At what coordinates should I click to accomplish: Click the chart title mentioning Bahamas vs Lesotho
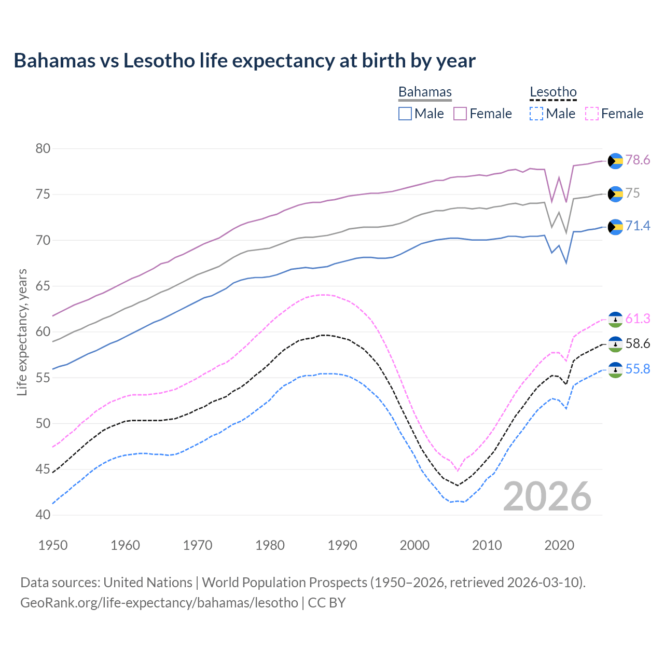click(x=244, y=61)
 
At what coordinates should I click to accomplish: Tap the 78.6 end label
click(x=638, y=160)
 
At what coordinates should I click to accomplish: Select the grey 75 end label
click(x=632, y=193)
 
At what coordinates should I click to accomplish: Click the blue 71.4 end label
click(x=638, y=226)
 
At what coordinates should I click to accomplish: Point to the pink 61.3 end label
click(x=638, y=319)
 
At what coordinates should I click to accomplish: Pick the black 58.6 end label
click(x=638, y=343)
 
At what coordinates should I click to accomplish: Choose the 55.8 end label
click(x=638, y=369)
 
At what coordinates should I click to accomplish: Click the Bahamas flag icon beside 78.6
click(x=615, y=161)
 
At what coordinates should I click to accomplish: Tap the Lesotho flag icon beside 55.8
click(x=615, y=370)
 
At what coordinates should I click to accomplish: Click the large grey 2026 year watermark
click(x=547, y=496)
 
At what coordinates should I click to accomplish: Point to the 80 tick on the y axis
click(x=43, y=149)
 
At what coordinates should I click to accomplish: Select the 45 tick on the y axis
click(x=43, y=469)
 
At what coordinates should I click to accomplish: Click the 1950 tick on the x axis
click(x=53, y=545)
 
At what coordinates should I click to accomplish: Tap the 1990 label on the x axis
click(x=342, y=545)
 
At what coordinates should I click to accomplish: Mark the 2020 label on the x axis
click(x=559, y=545)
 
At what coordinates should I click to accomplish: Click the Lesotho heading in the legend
click(x=553, y=92)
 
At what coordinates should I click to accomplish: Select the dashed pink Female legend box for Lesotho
click(x=592, y=114)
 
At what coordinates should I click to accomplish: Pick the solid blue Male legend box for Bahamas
click(x=405, y=114)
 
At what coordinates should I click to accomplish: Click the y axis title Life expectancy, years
click(x=22, y=332)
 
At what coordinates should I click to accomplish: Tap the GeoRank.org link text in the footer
click(x=159, y=603)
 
